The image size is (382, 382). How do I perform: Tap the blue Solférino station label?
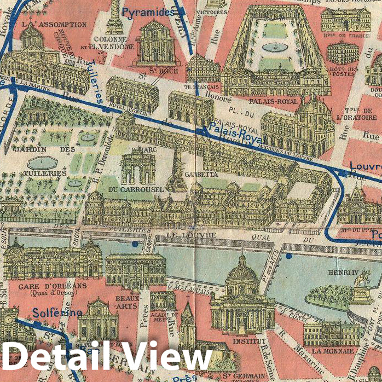pos(57,313)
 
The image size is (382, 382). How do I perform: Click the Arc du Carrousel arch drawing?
pos(138,168)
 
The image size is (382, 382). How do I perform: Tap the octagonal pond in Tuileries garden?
pos(42,163)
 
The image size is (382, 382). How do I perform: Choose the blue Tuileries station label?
pos(92,82)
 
